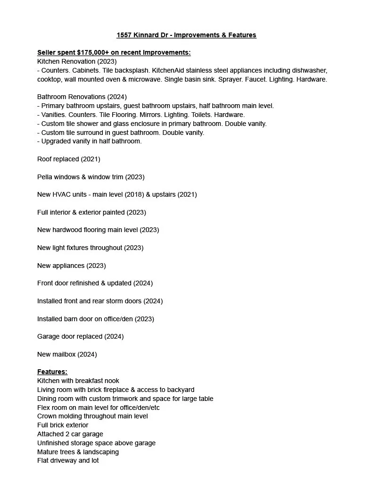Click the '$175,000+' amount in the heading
click(93, 52)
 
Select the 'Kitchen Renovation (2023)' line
click(77, 61)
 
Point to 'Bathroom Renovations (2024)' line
click(82, 97)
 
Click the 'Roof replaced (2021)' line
click(69, 159)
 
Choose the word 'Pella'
click(46, 177)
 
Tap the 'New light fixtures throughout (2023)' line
click(90, 248)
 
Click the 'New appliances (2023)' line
click(71, 266)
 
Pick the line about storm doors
click(100, 301)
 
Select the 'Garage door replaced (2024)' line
click(80, 336)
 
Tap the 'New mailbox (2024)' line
click(67, 354)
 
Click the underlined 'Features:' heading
click(52, 372)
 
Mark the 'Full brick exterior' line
click(63, 425)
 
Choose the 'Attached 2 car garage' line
click(70, 434)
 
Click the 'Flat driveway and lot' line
click(68, 460)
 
